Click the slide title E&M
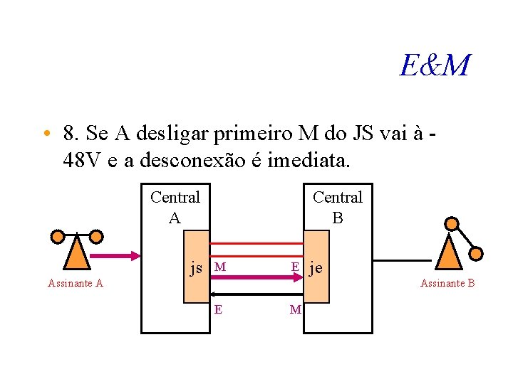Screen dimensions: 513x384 pyautogui.click(x=435, y=66)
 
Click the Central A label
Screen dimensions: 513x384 pyautogui.click(x=175, y=207)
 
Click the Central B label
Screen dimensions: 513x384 pyautogui.click(x=337, y=207)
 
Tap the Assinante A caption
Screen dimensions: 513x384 pyautogui.click(x=76, y=284)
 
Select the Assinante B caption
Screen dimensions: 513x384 pyautogui.click(x=447, y=284)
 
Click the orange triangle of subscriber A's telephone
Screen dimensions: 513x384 pyautogui.click(x=76, y=253)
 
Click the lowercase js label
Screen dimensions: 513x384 pyautogui.click(x=196, y=268)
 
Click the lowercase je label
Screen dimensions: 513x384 pyautogui.click(x=316, y=268)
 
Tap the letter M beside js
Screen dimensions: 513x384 pyautogui.click(x=220, y=267)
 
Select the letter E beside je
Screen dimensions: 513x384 pyautogui.click(x=294, y=267)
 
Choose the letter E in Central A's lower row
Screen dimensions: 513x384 pyautogui.click(x=217, y=309)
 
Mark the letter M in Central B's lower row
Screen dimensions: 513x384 pyautogui.click(x=295, y=309)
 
